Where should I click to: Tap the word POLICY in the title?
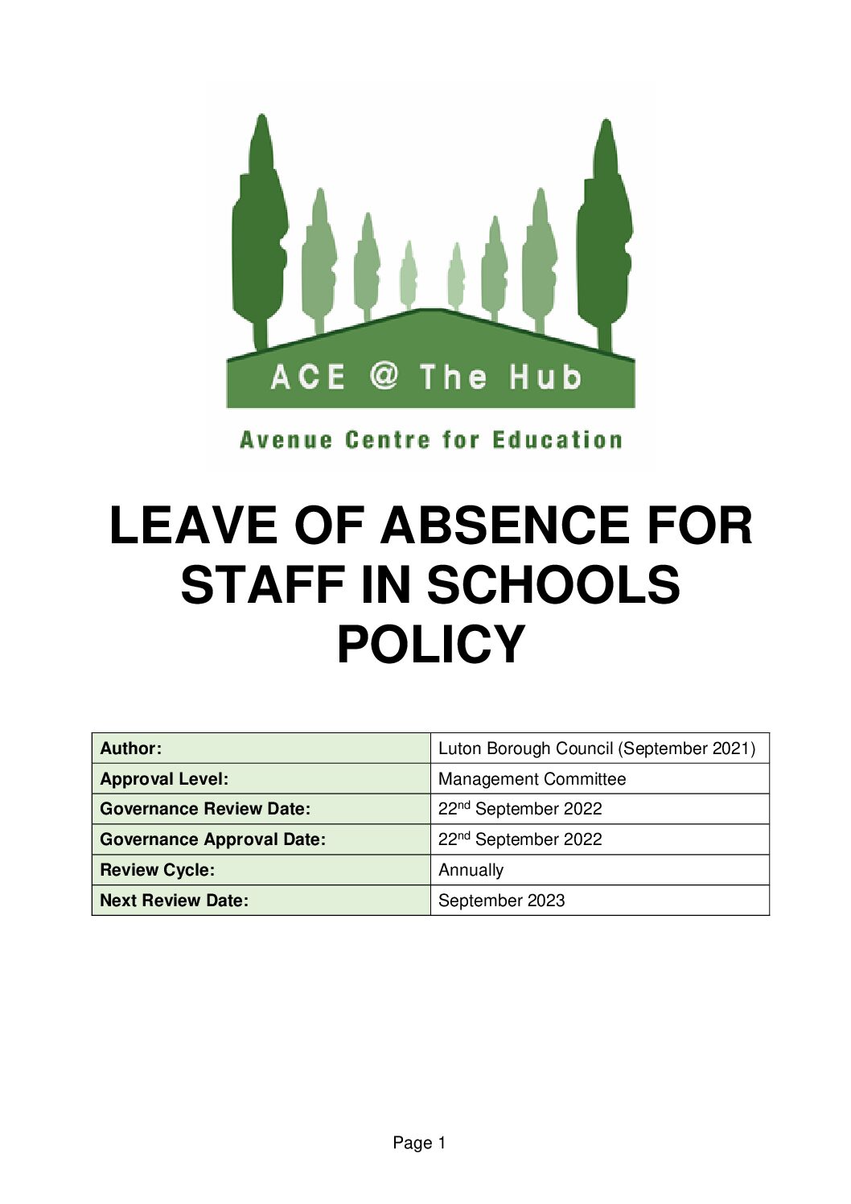pos(430,644)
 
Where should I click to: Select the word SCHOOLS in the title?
pos(553,585)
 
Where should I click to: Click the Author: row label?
pos(130,748)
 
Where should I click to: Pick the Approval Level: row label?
pos(164,779)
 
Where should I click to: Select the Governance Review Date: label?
pos(205,809)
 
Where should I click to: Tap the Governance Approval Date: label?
pos(213,839)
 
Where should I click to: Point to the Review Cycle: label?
pos(158,870)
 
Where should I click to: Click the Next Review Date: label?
pos(175,901)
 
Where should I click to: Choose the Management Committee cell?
pos(532,779)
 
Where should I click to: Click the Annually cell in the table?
pos(471,870)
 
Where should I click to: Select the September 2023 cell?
pos(501,901)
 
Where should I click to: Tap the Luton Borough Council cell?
pos(596,748)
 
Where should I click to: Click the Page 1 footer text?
pos(419,1143)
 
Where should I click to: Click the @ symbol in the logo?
pos(384,376)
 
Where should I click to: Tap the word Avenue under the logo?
pos(286,440)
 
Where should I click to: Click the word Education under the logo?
pos(557,440)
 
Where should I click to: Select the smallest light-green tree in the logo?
pos(456,276)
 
